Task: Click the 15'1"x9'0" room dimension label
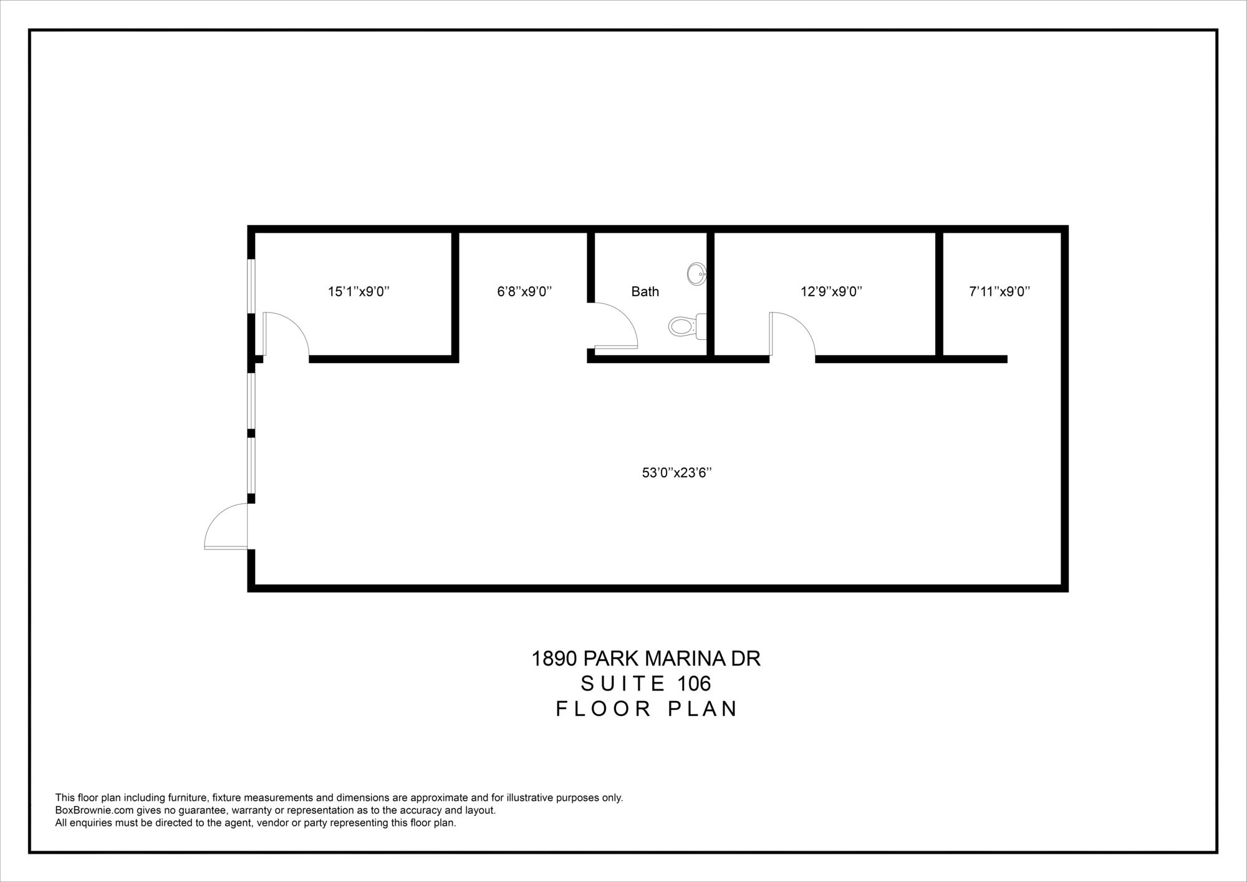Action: [x=359, y=291]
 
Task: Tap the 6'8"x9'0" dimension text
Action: [x=524, y=291]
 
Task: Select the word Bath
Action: [x=645, y=291]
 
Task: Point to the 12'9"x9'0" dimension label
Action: [x=831, y=291]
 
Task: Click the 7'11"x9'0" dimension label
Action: [x=999, y=291]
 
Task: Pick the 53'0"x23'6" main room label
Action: [x=677, y=473]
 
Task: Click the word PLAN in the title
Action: [x=703, y=709]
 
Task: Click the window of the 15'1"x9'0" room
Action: [x=251, y=286]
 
